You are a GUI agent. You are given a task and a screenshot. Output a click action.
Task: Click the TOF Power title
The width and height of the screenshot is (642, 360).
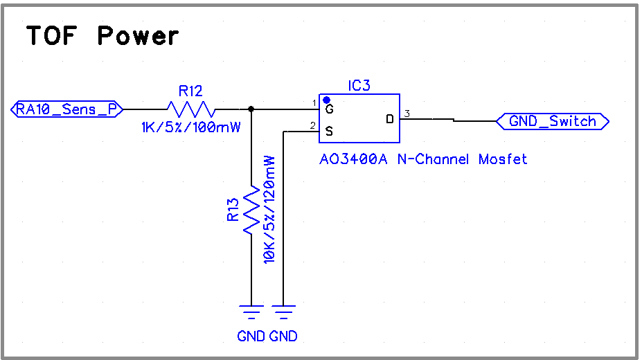102,35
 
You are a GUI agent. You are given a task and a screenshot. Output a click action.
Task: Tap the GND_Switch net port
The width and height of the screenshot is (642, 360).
553,122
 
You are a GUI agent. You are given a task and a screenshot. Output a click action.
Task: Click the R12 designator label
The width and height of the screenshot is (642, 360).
190,91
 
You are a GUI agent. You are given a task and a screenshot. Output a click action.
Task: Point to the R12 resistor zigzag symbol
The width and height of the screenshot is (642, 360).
190,109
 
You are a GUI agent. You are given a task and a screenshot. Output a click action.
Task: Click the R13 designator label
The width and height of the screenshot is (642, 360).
233,209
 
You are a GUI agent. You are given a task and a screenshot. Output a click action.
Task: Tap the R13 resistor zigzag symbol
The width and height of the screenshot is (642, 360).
251,209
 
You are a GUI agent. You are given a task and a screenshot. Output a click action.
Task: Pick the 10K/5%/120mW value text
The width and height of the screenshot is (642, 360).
269,208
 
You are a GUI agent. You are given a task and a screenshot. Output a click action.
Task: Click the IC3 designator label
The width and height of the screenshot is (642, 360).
359,86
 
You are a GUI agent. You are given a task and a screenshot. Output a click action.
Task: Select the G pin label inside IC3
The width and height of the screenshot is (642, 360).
329,109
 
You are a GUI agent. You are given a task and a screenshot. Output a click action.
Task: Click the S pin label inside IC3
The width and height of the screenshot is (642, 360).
329,129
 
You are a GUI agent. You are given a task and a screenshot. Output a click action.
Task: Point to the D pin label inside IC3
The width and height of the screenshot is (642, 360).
390,119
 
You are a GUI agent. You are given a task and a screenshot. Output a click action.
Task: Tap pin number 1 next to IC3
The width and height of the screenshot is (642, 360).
314,103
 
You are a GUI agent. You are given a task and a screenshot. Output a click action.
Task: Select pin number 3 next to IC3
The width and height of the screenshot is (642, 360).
407,114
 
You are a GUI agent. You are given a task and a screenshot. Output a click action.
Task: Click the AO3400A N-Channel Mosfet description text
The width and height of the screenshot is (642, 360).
422,159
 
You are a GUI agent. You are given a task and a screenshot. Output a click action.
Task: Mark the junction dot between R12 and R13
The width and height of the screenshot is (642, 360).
251,109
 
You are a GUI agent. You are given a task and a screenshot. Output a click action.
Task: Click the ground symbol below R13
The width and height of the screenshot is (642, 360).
251,313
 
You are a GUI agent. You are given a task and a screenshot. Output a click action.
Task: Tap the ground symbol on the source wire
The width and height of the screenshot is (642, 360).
283,313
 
